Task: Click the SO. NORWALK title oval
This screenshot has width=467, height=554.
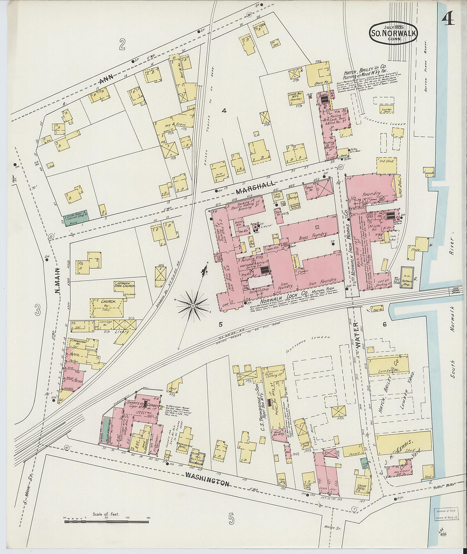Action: click(x=393, y=33)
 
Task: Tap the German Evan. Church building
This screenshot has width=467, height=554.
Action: click(x=124, y=286)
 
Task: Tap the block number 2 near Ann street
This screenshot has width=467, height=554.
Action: click(x=122, y=44)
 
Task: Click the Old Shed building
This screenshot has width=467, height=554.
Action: click(x=386, y=165)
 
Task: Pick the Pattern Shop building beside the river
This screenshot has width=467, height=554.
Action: click(x=407, y=282)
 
